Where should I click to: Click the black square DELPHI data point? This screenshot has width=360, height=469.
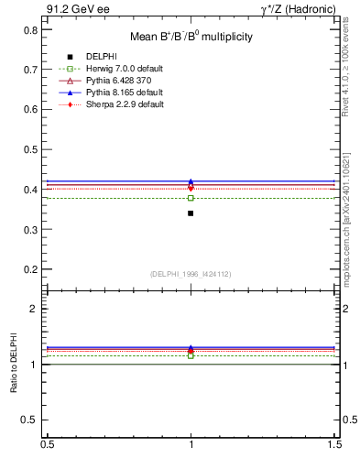point(191,213)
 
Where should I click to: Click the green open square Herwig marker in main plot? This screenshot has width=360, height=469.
point(191,198)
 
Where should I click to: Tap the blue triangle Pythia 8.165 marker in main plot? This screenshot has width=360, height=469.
point(191,181)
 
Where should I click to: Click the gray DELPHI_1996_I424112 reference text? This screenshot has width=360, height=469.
point(191,274)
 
